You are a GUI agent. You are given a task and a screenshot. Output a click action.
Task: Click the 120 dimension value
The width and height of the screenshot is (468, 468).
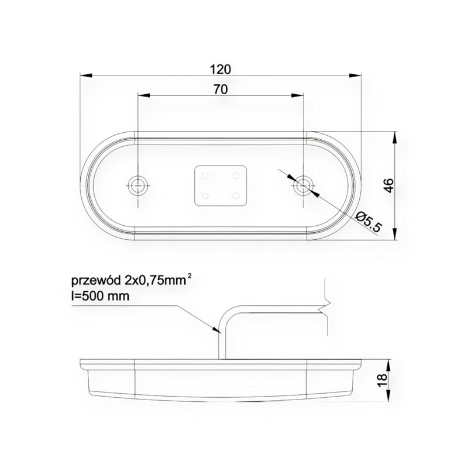click(221, 69)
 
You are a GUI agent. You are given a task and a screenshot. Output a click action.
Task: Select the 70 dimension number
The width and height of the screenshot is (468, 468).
click(221, 90)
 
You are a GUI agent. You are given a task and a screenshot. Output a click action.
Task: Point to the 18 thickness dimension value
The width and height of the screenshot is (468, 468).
click(382, 380)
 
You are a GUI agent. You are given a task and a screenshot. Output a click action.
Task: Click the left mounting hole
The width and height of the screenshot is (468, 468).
click(138, 185)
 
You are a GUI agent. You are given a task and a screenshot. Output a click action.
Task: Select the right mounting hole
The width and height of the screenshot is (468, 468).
click(302, 185)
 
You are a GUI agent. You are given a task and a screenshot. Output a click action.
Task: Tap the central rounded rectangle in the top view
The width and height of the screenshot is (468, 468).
click(221, 185)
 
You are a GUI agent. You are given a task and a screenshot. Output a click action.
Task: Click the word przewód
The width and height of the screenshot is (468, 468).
click(96, 281)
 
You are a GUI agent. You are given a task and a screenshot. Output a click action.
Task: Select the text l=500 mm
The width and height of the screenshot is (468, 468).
click(100, 297)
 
